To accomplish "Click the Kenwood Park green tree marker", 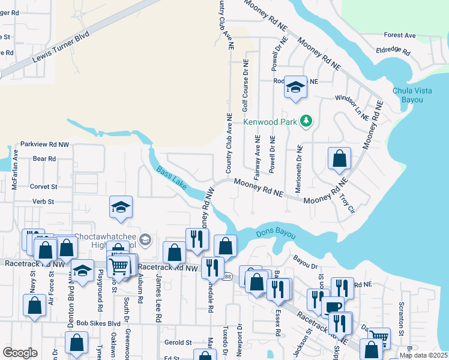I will [307, 121].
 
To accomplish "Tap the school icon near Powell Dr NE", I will [295, 87].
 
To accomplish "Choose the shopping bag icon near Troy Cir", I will [340, 159].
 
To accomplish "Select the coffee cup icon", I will [333, 307].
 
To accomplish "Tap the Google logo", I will [20, 353].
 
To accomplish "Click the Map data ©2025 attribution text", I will [423, 355].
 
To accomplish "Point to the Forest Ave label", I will [400, 35].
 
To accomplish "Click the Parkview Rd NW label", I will [45, 145].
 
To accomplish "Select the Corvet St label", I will [43, 187].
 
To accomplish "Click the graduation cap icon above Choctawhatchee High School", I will [121, 208].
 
